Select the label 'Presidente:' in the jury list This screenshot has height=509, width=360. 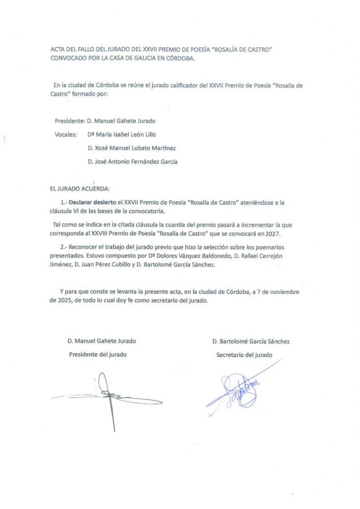coord(68,121)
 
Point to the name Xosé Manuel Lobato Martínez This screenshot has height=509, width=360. coord(131,148)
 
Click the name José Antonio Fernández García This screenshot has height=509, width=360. coord(132,162)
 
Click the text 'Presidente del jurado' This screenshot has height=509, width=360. coord(97,354)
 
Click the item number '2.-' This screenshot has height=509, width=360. coord(63,248)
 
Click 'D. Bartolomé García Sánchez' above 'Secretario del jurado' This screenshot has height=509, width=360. coord(251,341)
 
